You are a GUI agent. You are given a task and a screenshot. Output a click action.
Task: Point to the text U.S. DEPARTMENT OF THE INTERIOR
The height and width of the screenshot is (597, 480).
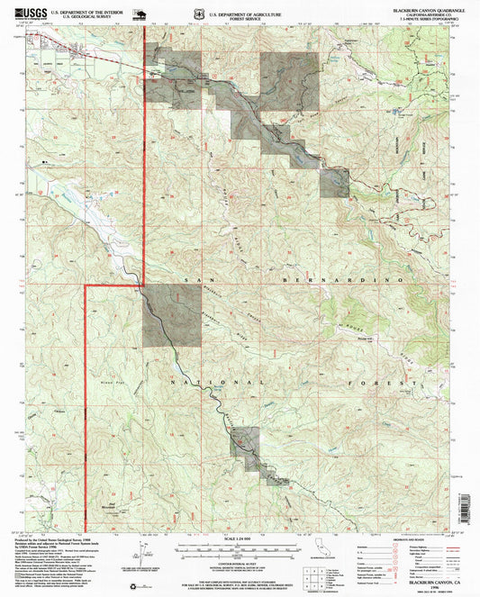(x=91, y=11)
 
